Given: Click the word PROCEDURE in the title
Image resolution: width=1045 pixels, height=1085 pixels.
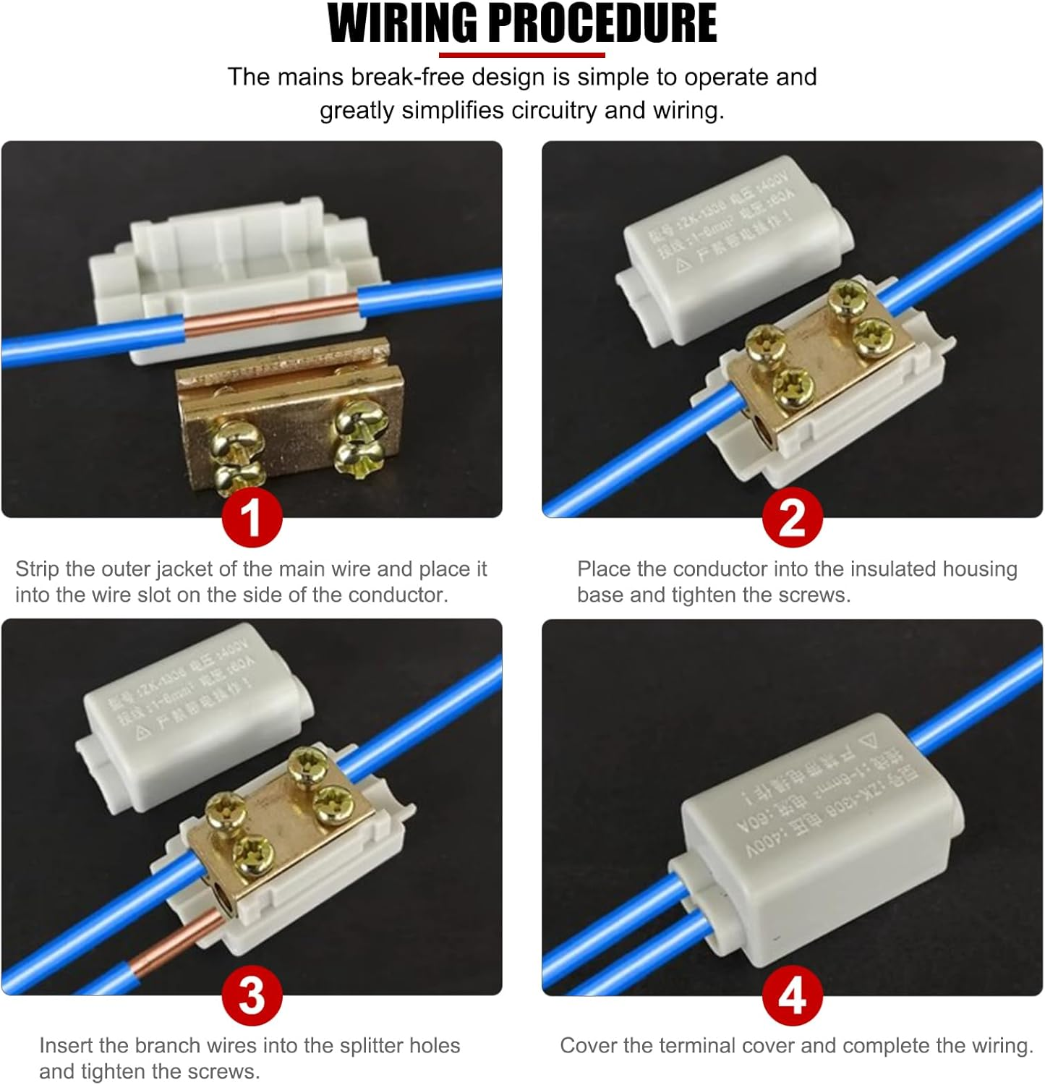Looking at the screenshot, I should (602, 24).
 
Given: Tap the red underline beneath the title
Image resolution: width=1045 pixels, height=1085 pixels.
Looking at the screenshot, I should (521, 55).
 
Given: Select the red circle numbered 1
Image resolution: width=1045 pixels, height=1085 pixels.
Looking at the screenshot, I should (252, 517).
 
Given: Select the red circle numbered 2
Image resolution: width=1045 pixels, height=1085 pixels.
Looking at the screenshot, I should (792, 517).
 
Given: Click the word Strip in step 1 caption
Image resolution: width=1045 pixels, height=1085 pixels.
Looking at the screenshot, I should (37, 569).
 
